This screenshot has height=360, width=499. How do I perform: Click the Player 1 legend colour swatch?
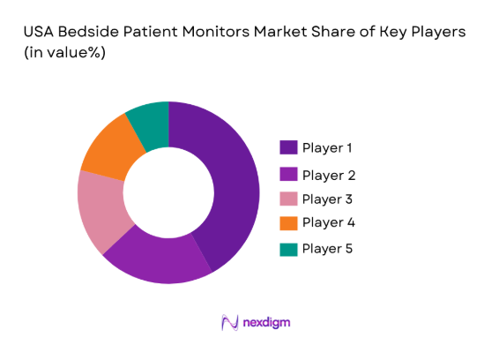tap(288, 147)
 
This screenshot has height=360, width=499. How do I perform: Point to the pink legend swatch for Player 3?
tap(288, 199)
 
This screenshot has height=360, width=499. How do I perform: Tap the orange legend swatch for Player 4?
tap(288, 222)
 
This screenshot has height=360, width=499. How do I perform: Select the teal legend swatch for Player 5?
tap(288, 249)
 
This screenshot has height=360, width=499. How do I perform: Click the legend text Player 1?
tap(328, 147)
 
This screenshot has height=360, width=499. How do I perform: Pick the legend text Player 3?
tap(328, 199)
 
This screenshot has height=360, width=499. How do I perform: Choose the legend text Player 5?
tap(328, 249)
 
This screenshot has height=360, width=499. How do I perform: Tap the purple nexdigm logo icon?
tap(230, 323)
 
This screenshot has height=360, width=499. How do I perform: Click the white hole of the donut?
tap(168, 192)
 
